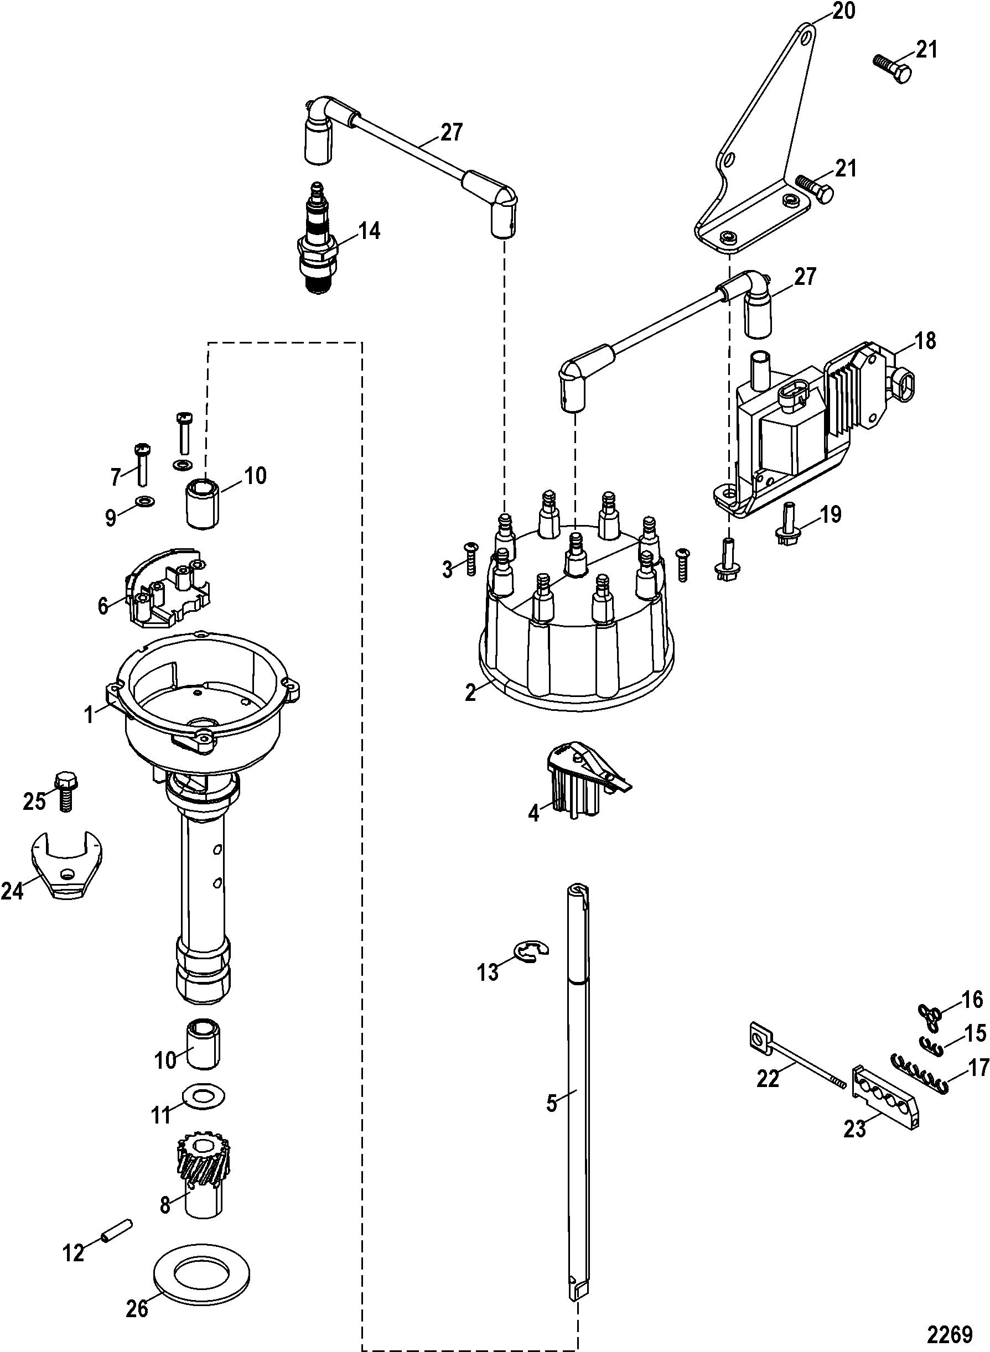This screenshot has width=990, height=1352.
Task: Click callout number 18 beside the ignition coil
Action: (x=925, y=341)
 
